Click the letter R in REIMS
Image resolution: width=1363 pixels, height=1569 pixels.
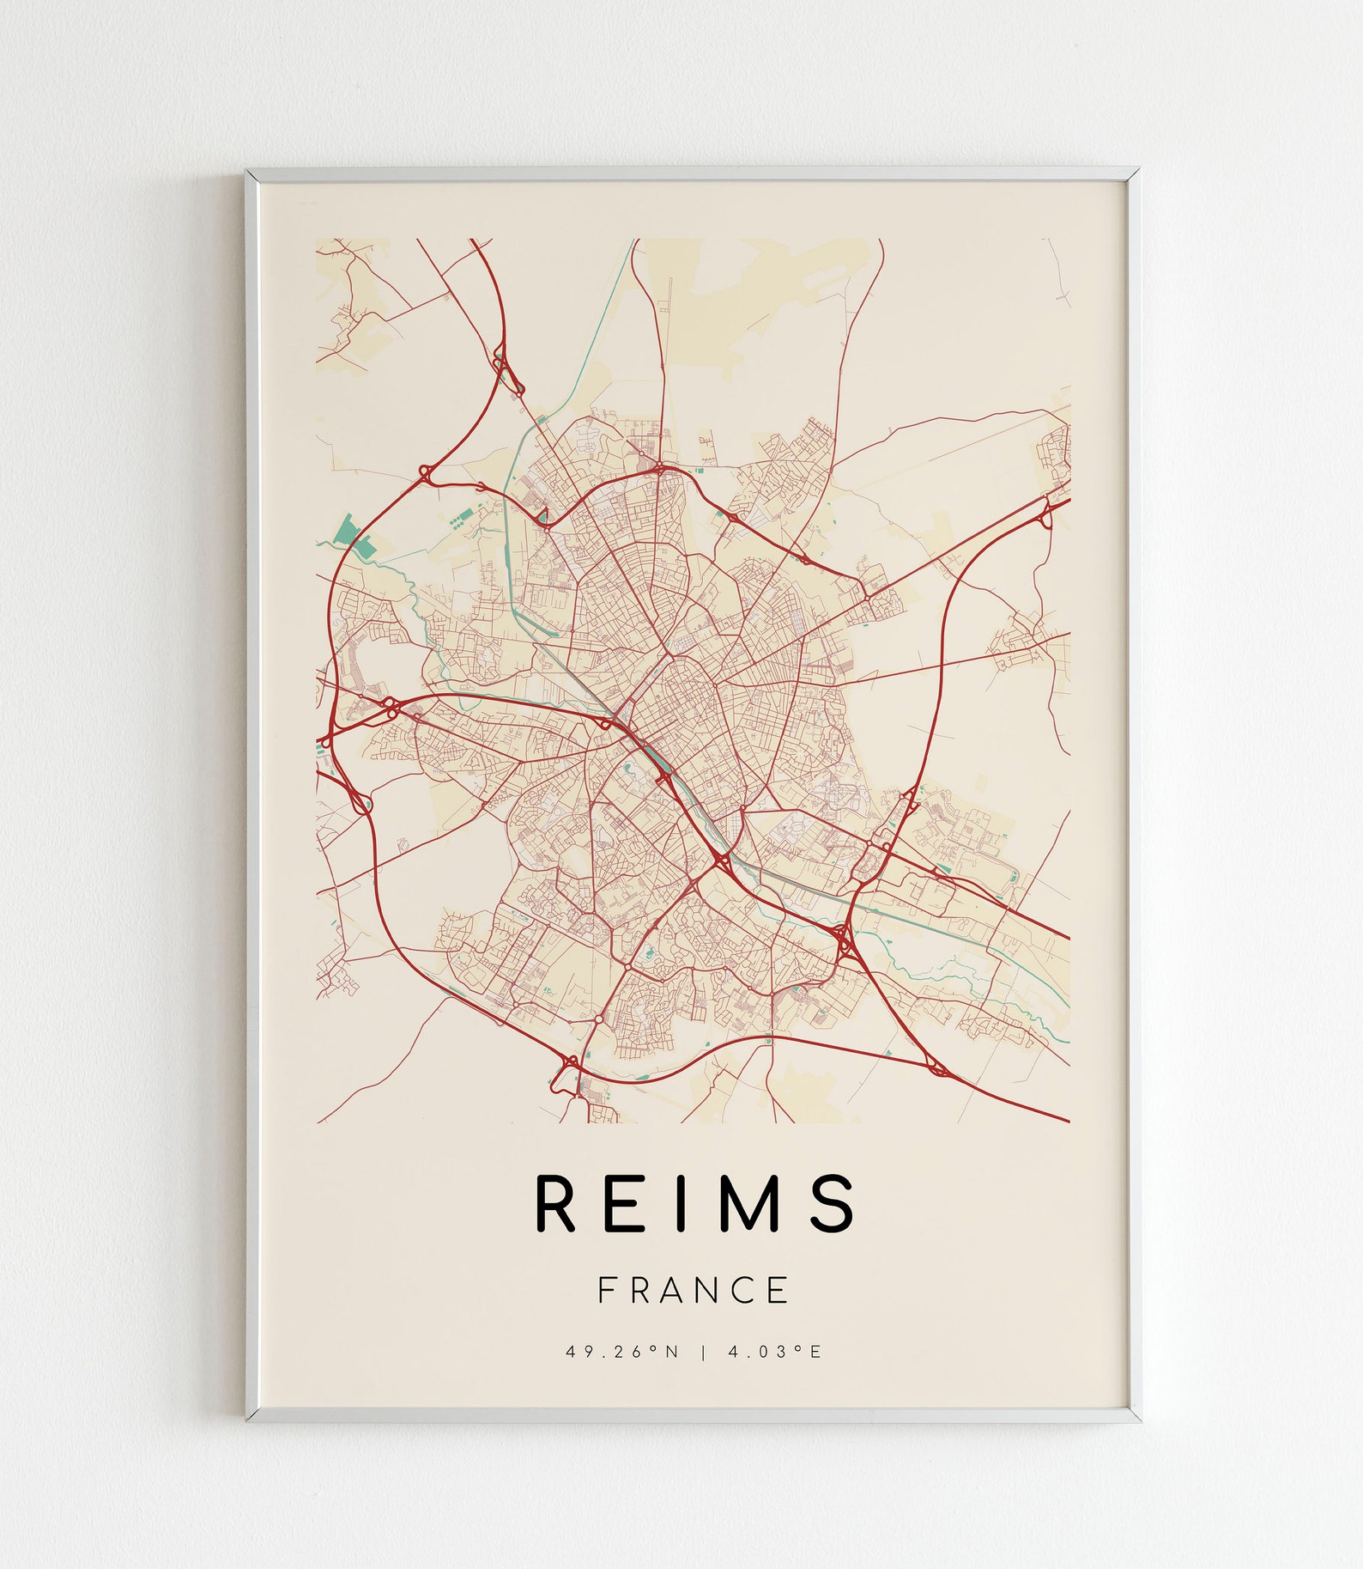(x=554, y=1202)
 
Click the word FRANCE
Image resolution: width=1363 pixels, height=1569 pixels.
(x=693, y=1291)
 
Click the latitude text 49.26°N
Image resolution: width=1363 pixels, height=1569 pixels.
(x=622, y=1352)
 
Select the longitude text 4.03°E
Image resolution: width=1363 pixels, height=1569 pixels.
(x=775, y=1352)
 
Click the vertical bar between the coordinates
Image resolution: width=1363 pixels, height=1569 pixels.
(x=704, y=1352)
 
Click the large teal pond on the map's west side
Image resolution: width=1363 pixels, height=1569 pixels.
(x=349, y=531)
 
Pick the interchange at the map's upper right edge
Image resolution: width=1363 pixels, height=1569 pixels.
(x=1046, y=514)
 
